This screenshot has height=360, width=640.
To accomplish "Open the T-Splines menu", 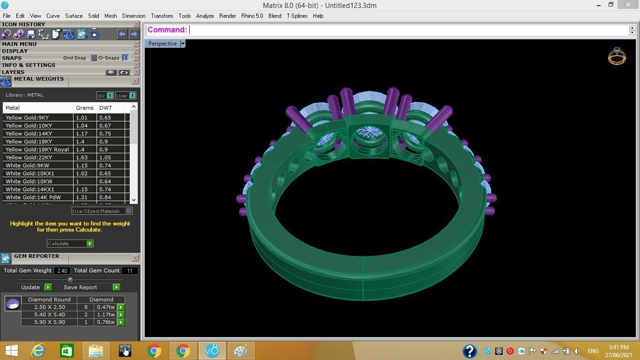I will tap(297, 16).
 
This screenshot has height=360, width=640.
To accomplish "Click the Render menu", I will tap(227, 16).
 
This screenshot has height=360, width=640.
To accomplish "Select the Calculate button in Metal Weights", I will tap(70, 243).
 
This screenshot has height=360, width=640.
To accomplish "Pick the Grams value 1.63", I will tap(82, 157).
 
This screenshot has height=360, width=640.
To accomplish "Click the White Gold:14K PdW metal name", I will tap(33, 197).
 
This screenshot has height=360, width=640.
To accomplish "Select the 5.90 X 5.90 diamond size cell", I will tap(49, 322).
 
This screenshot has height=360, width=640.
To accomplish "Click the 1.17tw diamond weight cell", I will tap(105, 315).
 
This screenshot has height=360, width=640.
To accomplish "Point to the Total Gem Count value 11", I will tap(129, 270).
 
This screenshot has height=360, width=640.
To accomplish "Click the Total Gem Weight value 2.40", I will tap(62, 270).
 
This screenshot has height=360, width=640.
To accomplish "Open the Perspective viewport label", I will tap(163, 44).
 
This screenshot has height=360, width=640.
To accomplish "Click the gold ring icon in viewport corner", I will tap(617, 56).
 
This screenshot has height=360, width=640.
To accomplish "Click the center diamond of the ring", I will tap(369, 133).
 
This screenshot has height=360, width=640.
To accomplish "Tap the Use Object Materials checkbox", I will tap(129, 211).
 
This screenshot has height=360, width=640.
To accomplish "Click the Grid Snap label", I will tap(74, 58).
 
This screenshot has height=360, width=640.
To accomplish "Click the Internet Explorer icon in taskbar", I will tap(38, 351).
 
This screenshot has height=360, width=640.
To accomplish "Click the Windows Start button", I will tap(11, 351).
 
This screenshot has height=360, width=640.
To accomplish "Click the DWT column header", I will tap(105, 108).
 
